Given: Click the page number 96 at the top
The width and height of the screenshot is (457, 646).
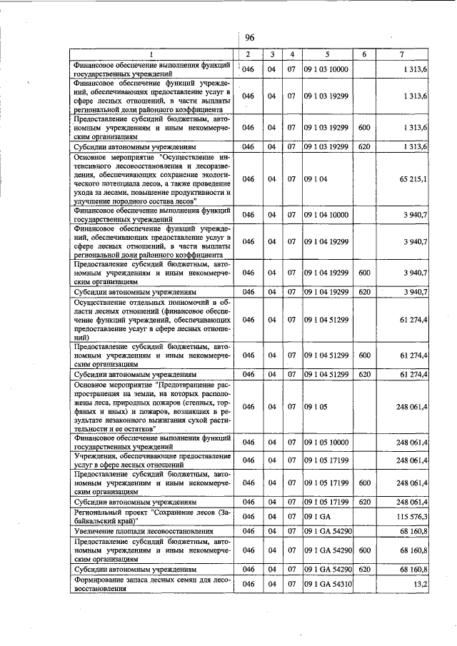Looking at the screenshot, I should tap(250, 38).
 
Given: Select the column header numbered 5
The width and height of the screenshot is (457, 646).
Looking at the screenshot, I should tap(326, 54).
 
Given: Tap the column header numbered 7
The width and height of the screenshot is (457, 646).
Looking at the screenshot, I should tap(404, 54).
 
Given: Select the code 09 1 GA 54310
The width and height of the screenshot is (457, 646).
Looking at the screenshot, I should tap(327, 584).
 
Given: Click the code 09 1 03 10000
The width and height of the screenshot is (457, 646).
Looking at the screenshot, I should tap(326, 69).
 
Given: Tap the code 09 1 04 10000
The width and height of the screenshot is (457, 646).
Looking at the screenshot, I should tap(326, 215).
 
